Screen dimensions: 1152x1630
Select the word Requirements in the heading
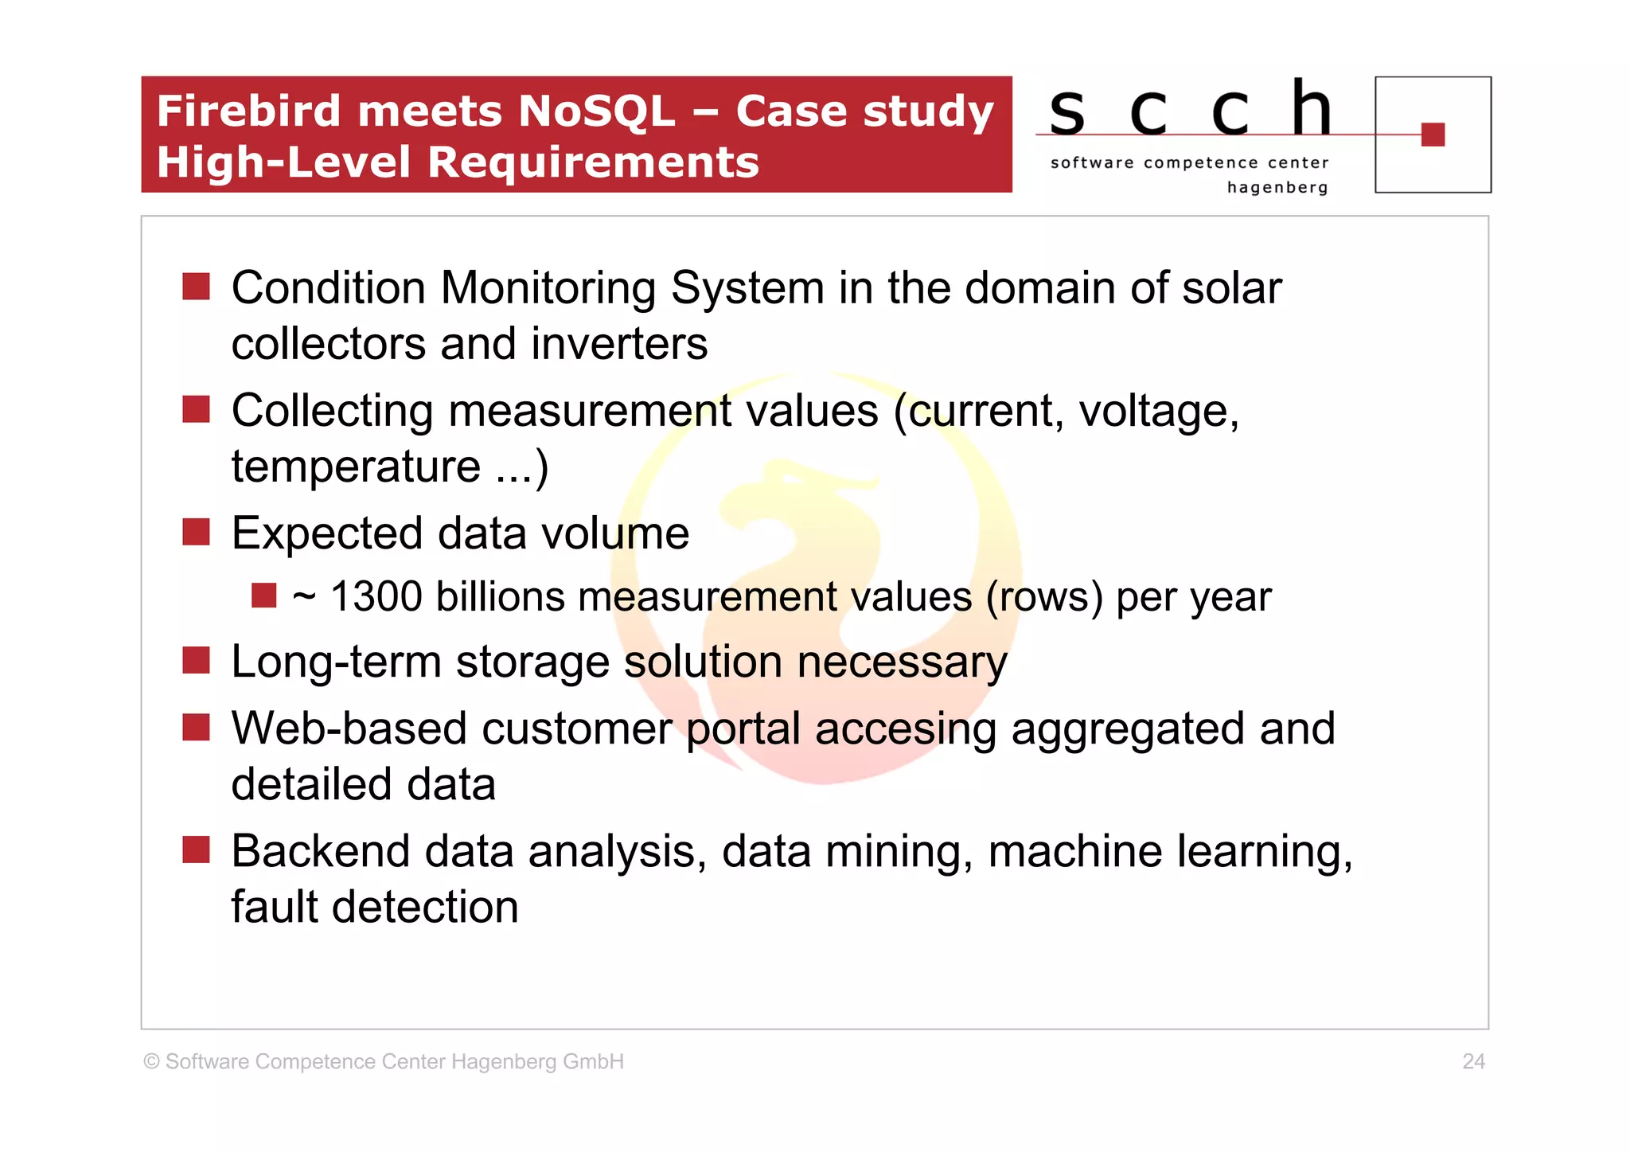(593, 162)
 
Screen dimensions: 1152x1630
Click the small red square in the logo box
(1433, 135)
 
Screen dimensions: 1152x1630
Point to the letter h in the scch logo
(1311, 108)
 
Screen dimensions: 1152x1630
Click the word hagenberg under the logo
(1277, 188)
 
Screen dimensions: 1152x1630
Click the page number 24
(1473, 1061)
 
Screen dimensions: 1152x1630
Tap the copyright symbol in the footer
(151, 1061)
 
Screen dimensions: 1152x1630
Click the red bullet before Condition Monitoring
(196, 287)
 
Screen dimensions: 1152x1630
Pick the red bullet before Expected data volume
(196, 532)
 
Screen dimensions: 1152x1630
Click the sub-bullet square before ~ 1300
(263, 596)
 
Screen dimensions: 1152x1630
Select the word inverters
(619, 344)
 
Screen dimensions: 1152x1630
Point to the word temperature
(356, 467)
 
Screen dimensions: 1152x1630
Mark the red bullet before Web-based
(196, 727)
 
